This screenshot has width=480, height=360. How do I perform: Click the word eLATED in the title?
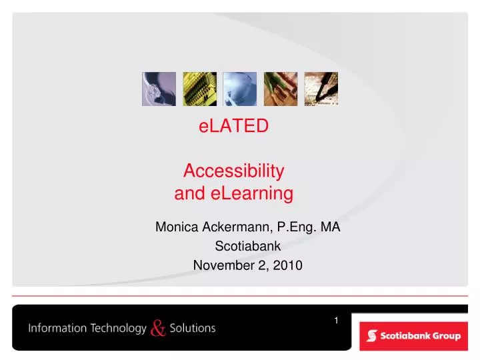pos(234,125)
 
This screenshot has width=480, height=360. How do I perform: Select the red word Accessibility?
pos(234,171)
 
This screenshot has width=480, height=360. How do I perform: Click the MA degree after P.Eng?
pos(331,227)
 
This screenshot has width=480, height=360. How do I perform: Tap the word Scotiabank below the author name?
pos(247,246)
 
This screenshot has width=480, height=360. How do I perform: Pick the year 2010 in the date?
pos(289,265)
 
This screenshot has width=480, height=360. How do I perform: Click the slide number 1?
pos(337,321)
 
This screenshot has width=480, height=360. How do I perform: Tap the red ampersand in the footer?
pos(158,328)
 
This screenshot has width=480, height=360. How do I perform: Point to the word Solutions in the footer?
pos(193,328)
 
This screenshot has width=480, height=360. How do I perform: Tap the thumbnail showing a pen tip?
pos(321,89)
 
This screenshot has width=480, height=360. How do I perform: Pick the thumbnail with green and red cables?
pos(281,89)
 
